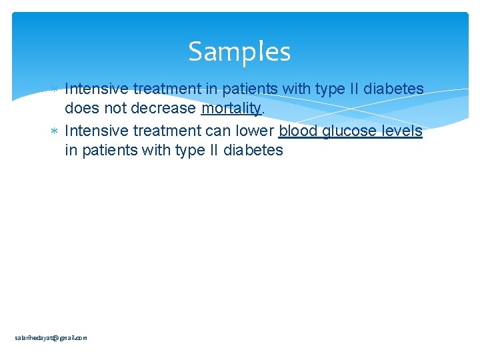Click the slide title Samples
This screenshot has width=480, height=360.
pyautogui.click(x=239, y=51)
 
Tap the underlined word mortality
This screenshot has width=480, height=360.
pyautogui.click(x=231, y=109)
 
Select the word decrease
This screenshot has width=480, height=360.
pyautogui.click(x=163, y=109)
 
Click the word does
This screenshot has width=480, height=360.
pyautogui.click(x=82, y=109)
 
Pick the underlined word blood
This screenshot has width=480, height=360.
pyautogui.click(x=298, y=131)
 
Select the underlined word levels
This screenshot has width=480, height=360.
pyautogui.click(x=402, y=131)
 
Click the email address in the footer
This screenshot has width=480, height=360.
pyautogui.click(x=51, y=338)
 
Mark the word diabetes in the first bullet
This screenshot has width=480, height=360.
pyautogui.click(x=392, y=89)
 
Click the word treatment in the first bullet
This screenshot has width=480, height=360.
pyautogui.click(x=164, y=89)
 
